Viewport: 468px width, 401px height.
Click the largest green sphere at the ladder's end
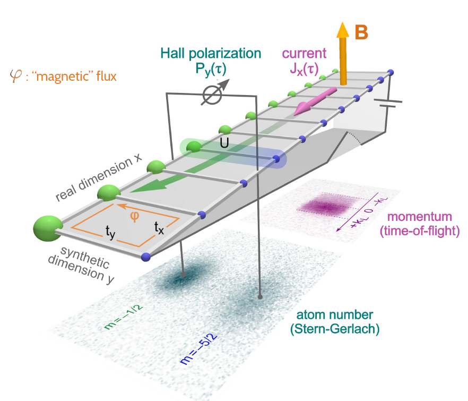[47, 227]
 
